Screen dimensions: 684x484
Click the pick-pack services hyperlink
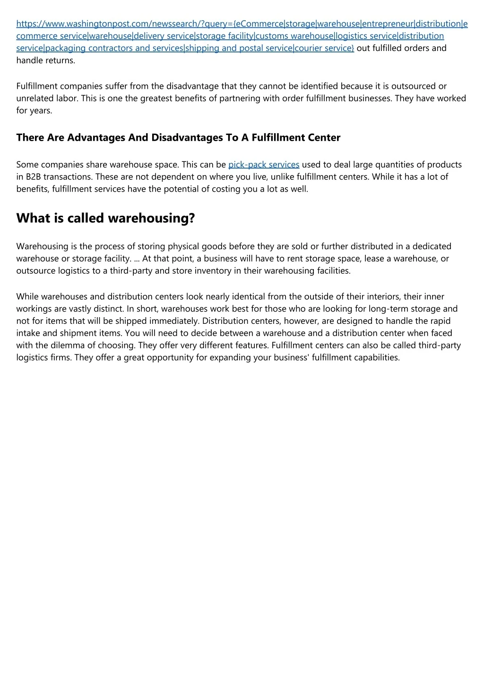[x=264, y=165]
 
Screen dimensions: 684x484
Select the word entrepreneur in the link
[x=387, y=24]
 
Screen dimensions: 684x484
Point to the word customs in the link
[x=272, y=36]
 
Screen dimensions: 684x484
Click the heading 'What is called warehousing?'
[x=105, y=218]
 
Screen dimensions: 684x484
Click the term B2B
[x=33, y=177]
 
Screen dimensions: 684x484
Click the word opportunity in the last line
[x=169, y=357]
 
